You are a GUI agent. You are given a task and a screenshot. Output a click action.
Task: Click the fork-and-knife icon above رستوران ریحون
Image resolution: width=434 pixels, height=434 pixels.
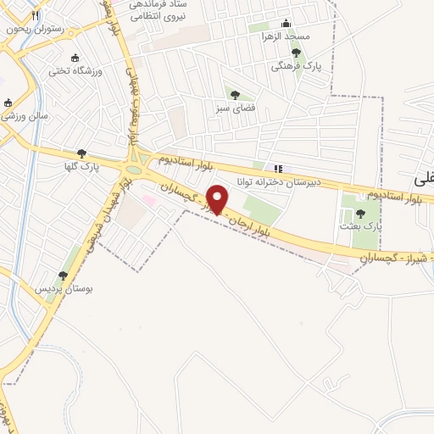pos(35,15)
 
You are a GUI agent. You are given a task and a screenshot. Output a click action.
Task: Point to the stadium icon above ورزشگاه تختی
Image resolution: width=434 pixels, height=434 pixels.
pos(76,58)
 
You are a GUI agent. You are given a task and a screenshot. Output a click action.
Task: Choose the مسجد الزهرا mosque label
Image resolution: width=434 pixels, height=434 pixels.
pos(287,36)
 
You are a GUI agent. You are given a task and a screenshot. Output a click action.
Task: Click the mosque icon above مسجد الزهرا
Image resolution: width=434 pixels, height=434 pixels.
pos(286,23)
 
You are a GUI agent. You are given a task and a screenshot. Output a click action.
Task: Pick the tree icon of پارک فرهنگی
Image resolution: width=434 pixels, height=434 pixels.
pos(296,53)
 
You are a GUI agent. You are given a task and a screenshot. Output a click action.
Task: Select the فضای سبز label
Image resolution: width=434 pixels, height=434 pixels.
pos(235,108)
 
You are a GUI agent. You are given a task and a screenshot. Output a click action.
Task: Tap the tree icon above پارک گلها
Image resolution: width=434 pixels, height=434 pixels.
pos(81,153)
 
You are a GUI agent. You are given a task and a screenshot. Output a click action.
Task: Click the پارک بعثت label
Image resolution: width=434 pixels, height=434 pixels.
pos(362,227)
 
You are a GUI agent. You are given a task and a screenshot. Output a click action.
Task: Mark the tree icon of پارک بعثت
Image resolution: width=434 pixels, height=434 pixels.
pos(360,214)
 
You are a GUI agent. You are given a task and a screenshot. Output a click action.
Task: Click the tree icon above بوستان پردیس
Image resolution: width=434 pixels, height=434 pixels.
pos(62,275)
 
